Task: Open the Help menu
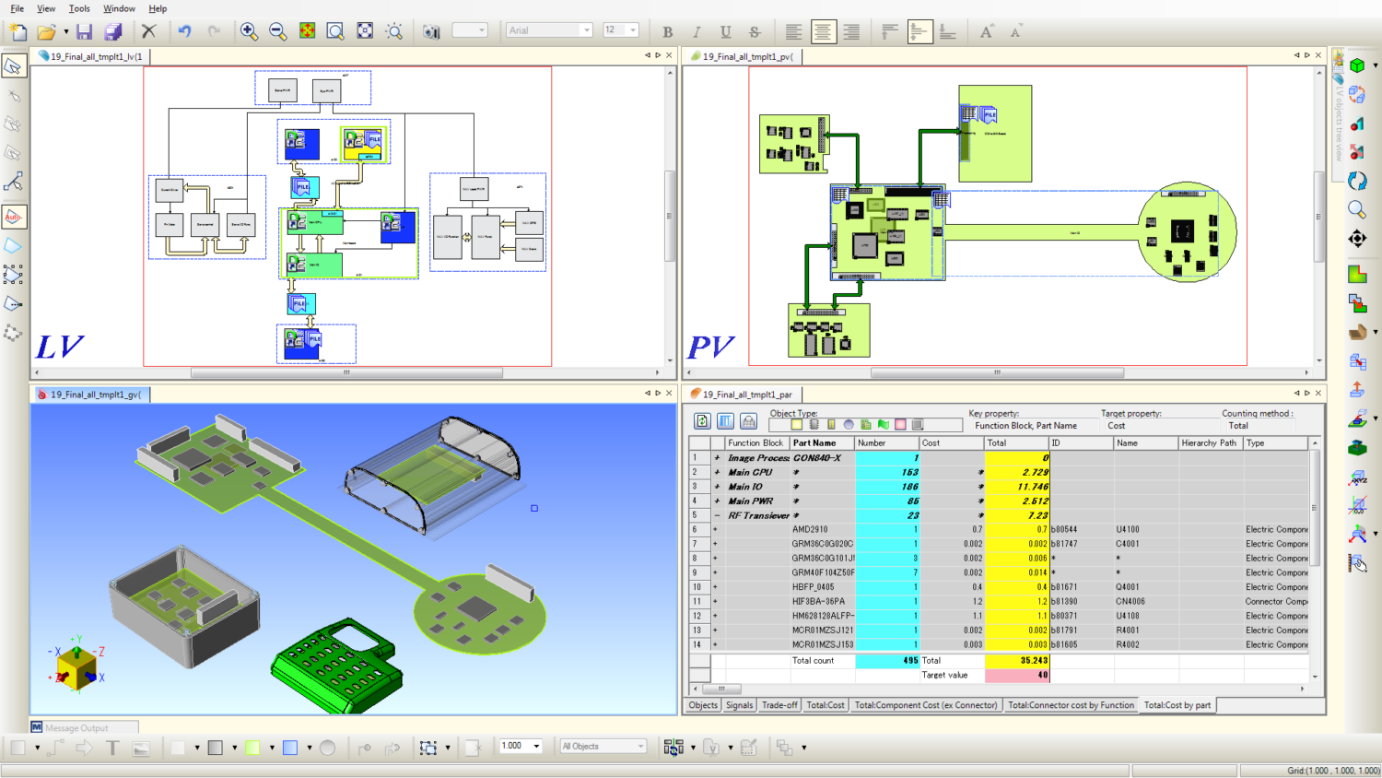click(x=158, y=8)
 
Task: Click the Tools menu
click(x=79, y=8)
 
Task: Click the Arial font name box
click(x=544, y=30)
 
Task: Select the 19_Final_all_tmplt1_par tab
click(x=746, y=395)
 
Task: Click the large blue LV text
click(x=59, y=347)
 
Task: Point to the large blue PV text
click(x=710, y=347)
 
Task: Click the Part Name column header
click(x=814, y=443)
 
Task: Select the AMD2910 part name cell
click(x=810, y=530)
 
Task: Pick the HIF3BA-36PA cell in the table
click(x=818, y=602)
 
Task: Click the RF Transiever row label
click(x=758, y=515)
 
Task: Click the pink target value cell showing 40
click(x=1016, y=676)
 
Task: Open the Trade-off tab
click(x=779, y=705)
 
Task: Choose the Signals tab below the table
click(x=739, y=705)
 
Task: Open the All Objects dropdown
click(x=603, y=747)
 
